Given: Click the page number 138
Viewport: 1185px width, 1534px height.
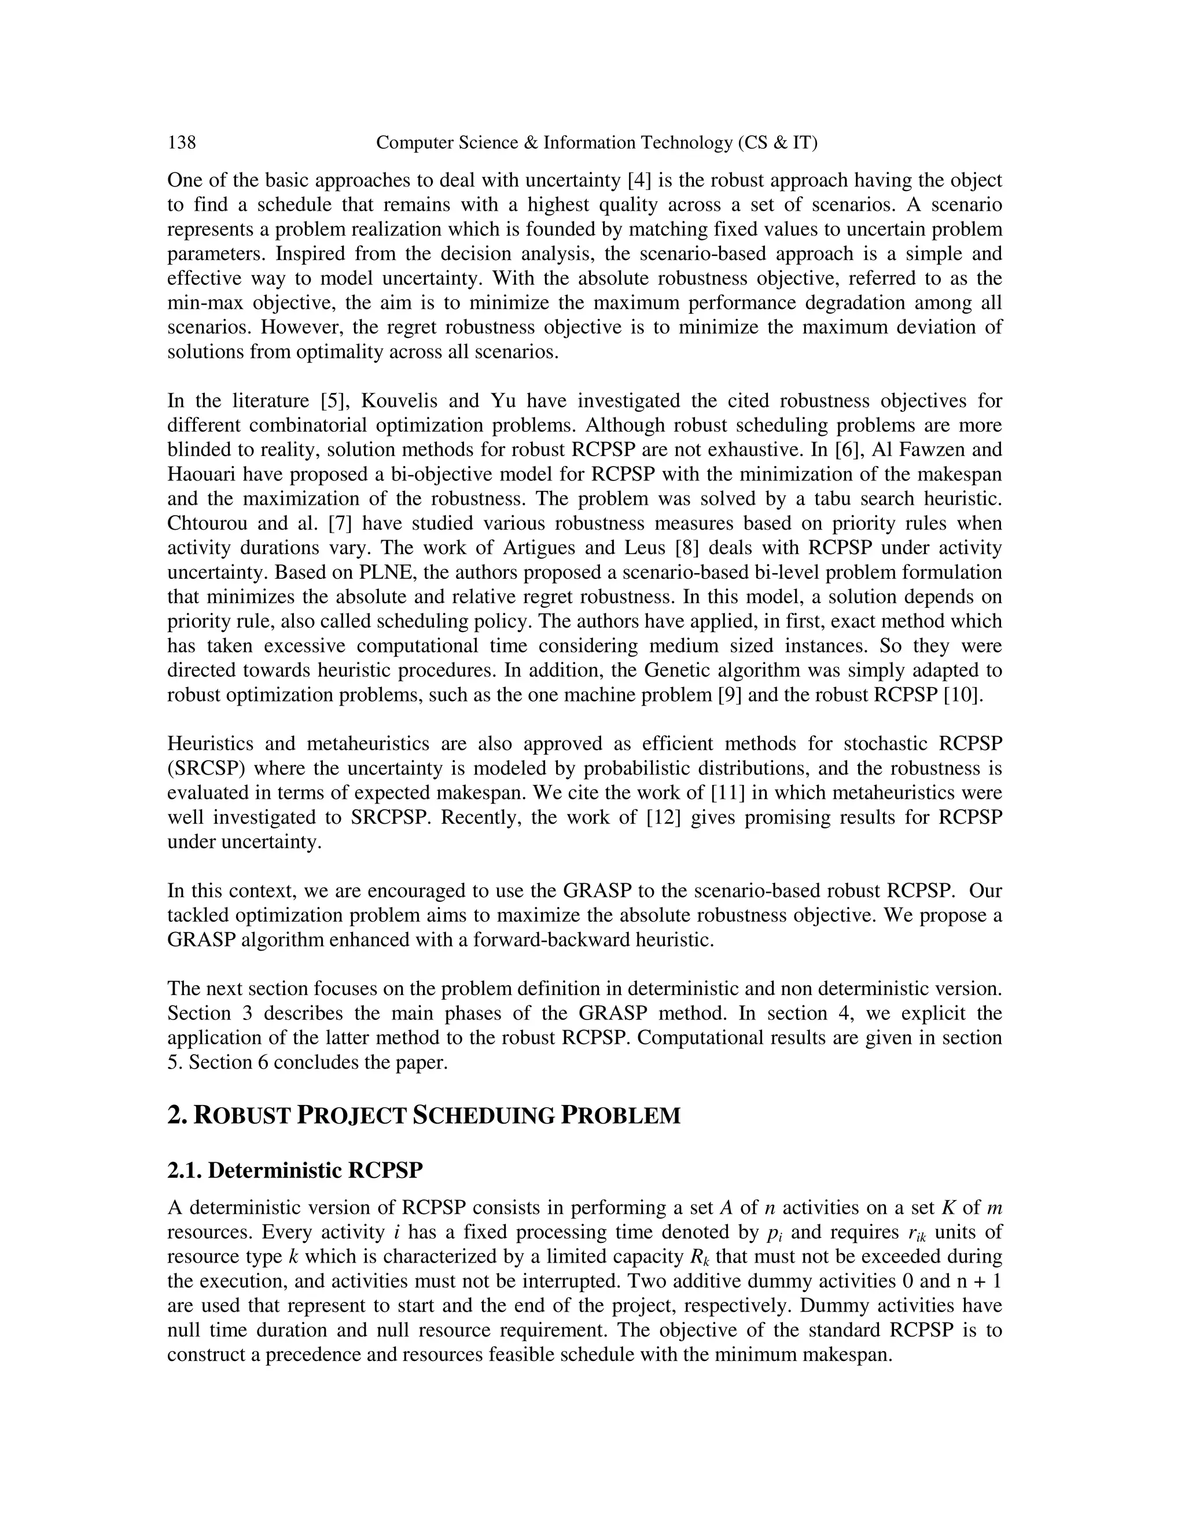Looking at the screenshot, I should [x=182, y=142].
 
